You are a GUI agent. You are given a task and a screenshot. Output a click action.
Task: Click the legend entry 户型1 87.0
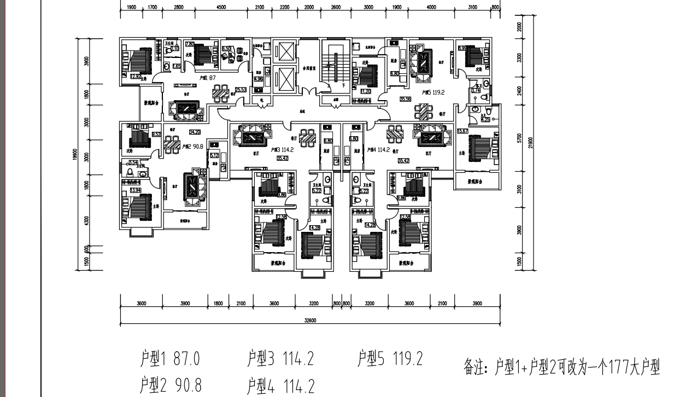click(170, 359)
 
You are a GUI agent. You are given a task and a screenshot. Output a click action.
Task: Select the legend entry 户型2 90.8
click(170, 385)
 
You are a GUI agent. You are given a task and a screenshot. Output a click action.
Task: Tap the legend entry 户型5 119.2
click(390, 359)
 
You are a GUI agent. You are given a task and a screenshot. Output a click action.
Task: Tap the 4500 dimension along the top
click(221, 8)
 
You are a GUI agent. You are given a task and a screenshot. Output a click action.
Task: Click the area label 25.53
click(240, 90)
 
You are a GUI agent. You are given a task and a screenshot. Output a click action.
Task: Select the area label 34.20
click(194, 132)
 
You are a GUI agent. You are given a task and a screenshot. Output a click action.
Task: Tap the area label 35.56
click(405, 99)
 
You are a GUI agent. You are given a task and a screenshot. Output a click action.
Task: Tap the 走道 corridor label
click(302, 110)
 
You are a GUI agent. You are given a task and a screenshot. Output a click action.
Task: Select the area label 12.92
click(136, 77)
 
